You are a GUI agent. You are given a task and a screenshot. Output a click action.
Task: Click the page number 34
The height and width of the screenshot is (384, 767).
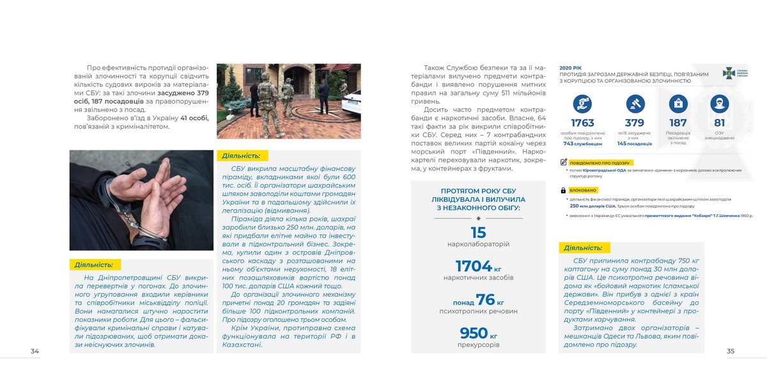point(35,351)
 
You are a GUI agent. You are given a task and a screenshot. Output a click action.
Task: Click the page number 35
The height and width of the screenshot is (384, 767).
point(731,351)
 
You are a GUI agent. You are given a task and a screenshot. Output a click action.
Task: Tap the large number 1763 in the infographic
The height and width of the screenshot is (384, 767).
point(582,123)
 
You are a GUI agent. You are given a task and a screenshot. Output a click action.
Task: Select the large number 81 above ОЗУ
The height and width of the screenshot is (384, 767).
point(720,123)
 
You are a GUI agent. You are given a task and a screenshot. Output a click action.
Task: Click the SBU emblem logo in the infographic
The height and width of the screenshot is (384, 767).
point(729,72)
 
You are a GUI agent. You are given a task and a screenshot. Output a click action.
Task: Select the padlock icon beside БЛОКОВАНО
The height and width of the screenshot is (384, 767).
point(563,190)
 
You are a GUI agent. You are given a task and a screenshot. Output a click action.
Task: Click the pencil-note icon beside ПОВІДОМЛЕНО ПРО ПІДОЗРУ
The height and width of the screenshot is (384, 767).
point(563,163)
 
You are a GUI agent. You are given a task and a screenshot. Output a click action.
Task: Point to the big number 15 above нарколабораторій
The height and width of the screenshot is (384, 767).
point(478,233)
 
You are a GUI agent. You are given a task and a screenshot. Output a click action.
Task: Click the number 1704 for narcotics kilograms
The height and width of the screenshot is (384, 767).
point(474,266)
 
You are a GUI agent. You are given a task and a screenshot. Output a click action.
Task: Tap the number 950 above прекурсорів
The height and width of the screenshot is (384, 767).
point(474,333)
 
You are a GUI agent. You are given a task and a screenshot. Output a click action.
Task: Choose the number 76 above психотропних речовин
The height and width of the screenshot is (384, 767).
point(486,300)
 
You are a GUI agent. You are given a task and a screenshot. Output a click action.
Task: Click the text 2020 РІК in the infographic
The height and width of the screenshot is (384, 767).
point(570,67)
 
